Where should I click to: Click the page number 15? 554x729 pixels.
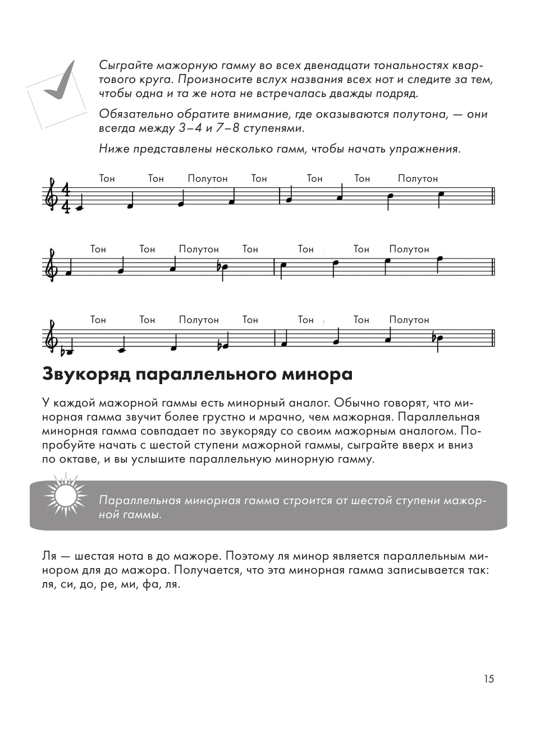click(488, 679)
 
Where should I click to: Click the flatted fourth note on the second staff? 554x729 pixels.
click(223, 267)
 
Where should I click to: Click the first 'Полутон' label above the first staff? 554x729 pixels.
click(208, 179)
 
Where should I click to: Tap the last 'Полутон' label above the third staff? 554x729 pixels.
click(409, 320)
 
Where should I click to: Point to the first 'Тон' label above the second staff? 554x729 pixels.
click(98, 250)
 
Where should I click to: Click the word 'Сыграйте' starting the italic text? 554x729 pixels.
click(121, 65)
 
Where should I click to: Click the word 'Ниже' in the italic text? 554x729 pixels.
click(111, 149)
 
